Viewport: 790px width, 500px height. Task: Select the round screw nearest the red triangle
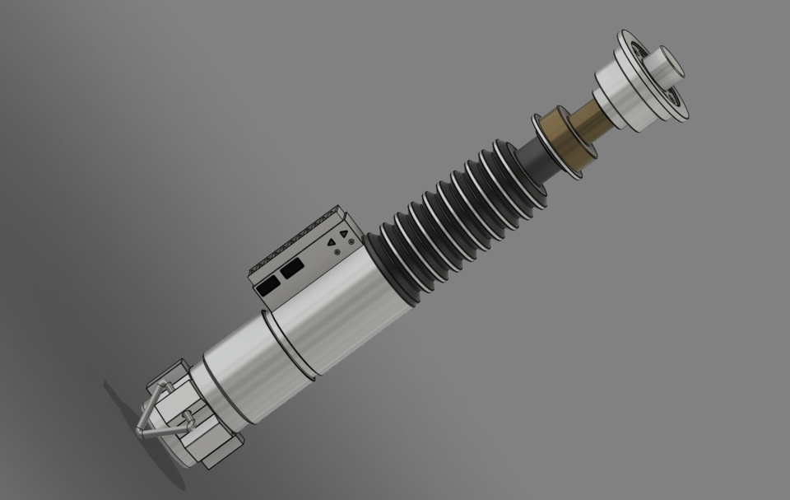(x=337, y=252)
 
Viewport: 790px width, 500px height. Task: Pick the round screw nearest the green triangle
(x=351, y=242)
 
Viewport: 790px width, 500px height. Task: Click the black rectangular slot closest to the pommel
(x=267, y=284)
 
